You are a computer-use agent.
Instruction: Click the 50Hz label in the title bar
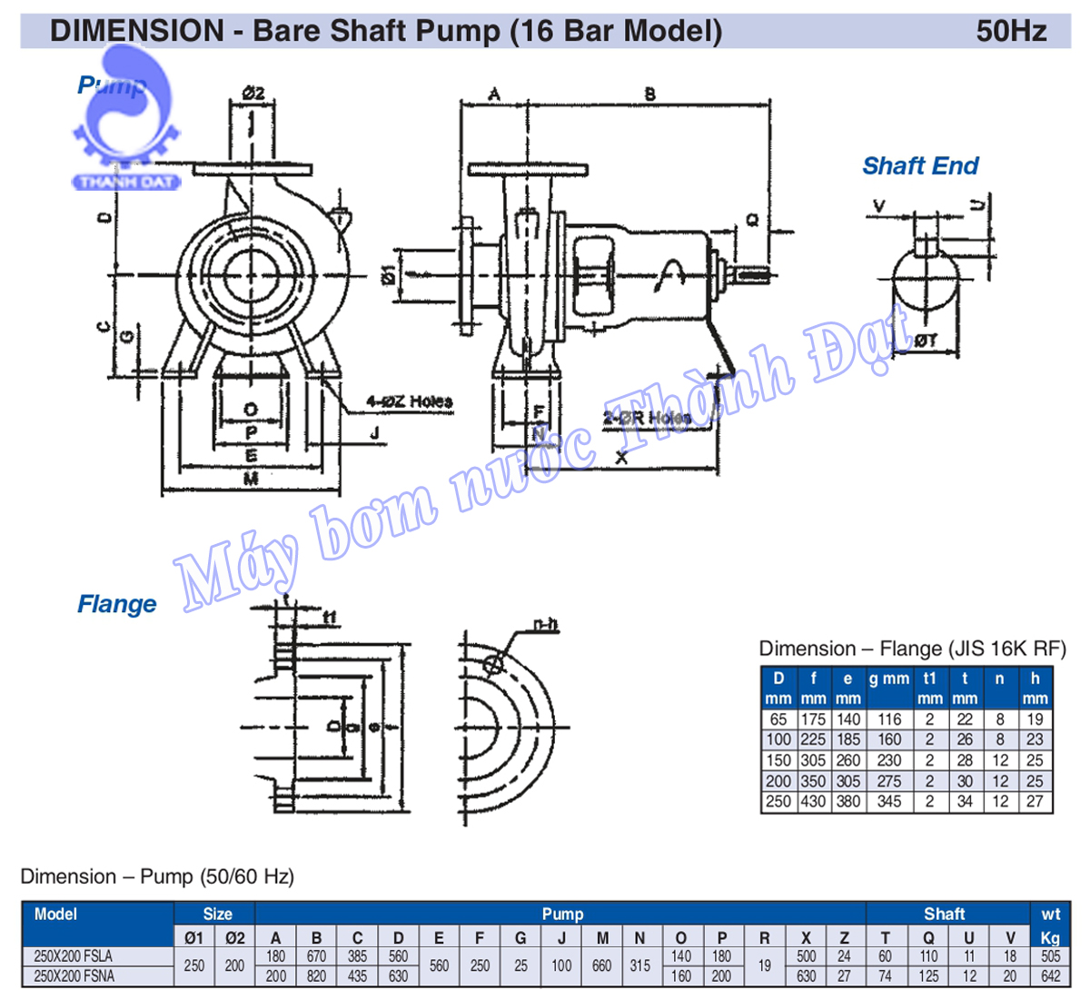point(1011,31)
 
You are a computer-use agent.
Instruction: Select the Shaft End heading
point(919,166)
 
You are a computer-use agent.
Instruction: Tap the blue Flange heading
point(116,604)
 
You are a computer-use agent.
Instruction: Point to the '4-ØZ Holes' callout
point(409,401)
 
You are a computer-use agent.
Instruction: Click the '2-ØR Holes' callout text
point(646,418)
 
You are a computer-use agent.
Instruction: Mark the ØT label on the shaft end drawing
point(926,341)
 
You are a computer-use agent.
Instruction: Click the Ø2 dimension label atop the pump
point(253,93)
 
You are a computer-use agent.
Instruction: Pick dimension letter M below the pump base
point(252,479)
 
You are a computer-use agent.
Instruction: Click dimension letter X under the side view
point(621,458)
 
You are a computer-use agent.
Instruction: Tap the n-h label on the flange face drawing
point(545,624)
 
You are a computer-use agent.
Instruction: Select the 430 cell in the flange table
point(813,802)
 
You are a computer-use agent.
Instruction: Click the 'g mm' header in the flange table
point(888,678)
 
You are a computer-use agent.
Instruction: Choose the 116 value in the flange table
point(888,719)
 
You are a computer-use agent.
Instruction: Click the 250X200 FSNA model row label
point(74,976)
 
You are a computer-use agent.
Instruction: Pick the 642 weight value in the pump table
point(1050,976)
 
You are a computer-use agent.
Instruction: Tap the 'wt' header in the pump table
point(1050,915)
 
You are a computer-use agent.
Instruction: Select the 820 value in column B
point(316,976)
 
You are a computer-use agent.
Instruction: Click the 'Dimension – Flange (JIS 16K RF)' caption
point(912,648)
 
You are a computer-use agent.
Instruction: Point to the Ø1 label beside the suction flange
point(388,273)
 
